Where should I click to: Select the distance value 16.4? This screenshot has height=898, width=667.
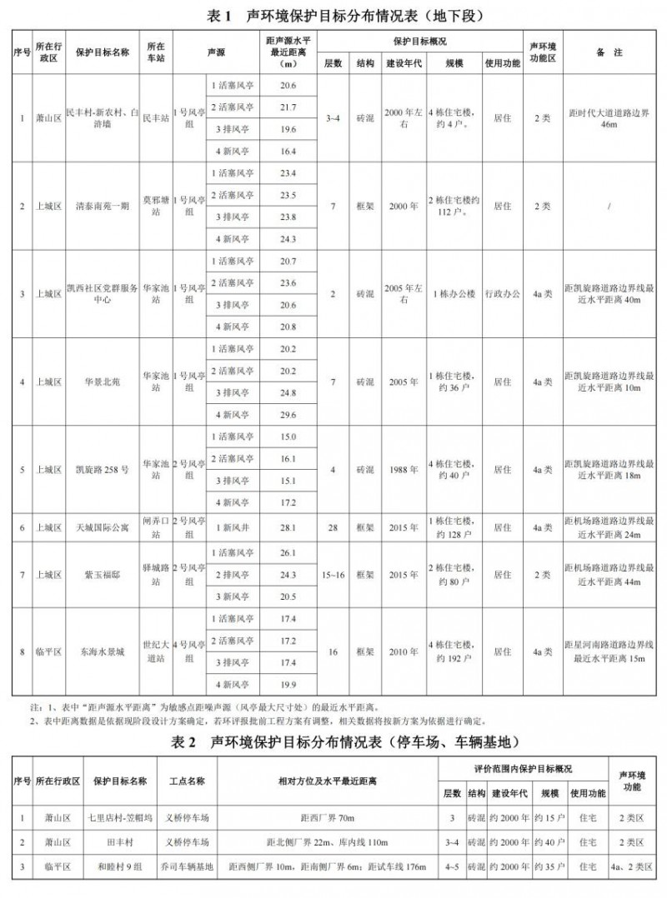tap(288, 151)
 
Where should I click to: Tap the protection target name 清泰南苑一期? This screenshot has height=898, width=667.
tap(102, 206)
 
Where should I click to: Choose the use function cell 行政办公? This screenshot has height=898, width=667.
tap(502, 294)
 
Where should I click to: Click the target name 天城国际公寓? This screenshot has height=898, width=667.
tap(102, 527)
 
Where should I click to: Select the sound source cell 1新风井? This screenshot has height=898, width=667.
tap(230, 527)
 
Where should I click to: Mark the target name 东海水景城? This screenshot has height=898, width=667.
tap(102, 651)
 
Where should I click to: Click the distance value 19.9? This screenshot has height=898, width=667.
tap(288, 685)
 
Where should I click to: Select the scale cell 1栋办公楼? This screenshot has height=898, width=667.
tap(454, 294)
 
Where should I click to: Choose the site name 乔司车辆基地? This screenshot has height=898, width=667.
tap(185, 866)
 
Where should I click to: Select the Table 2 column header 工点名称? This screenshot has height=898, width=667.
tap(185, 781)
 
